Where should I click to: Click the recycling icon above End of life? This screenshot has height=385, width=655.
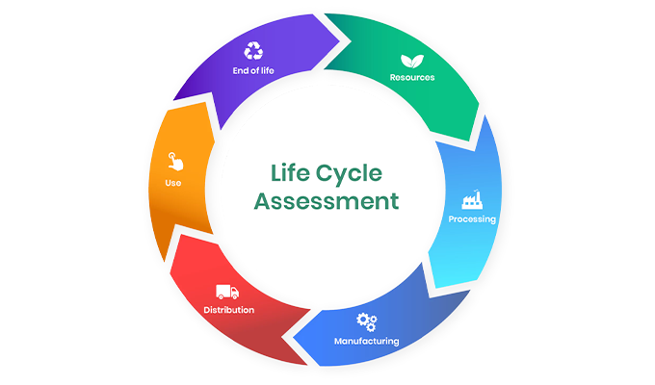point(254,50)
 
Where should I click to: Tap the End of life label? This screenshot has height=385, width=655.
point(254,70)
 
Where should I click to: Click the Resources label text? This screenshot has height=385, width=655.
point(411,77)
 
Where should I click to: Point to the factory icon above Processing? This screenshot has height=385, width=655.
point(472,200)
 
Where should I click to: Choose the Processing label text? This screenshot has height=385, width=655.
point(472,219)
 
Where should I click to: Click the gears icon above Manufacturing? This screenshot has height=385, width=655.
point(366,321)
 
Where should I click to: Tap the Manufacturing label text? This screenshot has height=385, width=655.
point(366,341)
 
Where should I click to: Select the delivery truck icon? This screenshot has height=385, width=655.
point(227,291)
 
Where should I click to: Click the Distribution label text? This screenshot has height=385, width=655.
point(229,310)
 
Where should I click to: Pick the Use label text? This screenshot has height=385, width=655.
point(173,183)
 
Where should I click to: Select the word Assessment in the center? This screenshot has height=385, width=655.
point(333,201)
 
